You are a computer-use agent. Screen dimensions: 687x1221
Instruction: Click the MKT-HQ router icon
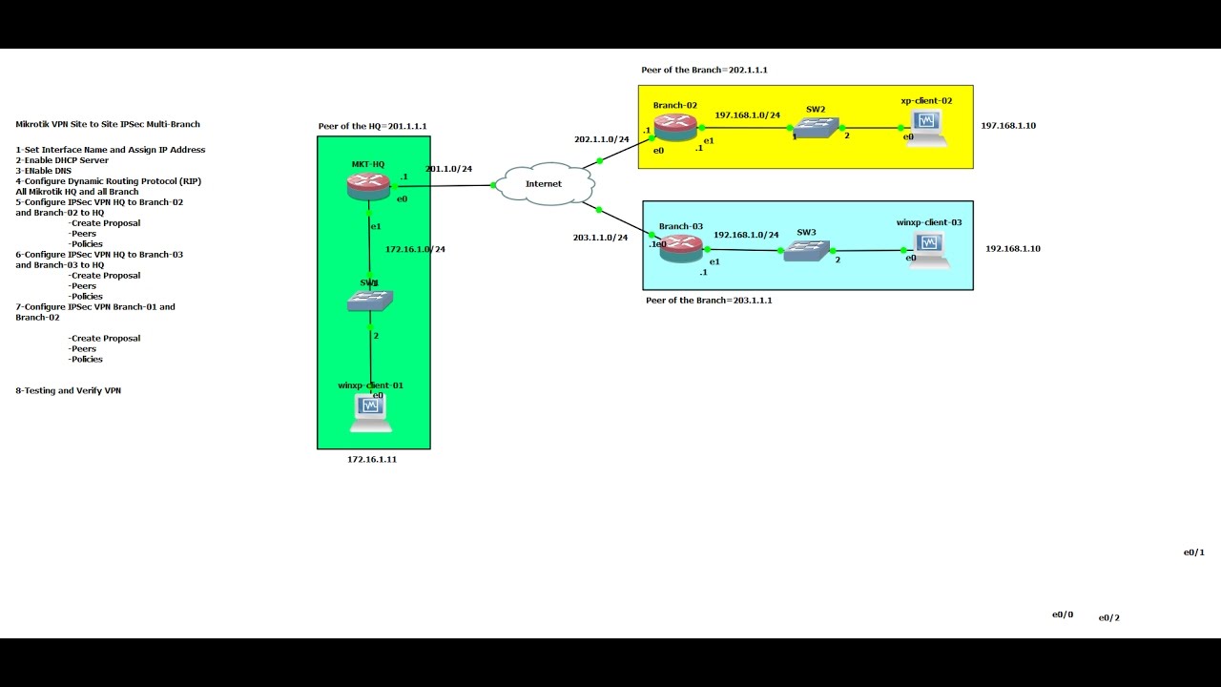point(369,186)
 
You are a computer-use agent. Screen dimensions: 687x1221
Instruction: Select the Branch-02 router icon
point(675,127)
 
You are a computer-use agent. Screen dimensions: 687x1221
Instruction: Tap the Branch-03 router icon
point(681,247)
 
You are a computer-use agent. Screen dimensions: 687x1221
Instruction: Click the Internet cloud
point(544,183)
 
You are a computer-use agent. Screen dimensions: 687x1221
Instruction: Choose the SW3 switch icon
point(807,252)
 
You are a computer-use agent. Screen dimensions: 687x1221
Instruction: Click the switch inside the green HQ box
point(370,301)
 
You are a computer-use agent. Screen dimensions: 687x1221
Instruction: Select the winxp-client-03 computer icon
point(928,249)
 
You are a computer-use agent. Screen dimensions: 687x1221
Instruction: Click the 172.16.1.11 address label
point(372,460)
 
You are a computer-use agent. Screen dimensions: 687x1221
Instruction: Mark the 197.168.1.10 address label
point(1008,126)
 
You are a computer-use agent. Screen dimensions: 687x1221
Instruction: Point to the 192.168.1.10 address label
point(1013,249)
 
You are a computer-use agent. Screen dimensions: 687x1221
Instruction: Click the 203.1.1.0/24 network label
point(600,238)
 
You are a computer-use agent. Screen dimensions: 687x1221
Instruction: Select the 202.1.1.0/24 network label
point(601,139)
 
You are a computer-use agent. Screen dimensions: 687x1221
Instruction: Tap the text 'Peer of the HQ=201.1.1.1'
point(372,126)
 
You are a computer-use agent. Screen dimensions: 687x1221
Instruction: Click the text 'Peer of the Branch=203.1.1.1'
point(709,301)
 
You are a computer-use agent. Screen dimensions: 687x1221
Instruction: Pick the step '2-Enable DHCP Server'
point(62,160)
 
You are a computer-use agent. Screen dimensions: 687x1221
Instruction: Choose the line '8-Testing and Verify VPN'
point(68,390)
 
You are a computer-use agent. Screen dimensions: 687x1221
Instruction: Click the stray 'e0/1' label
point(1193,552)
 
